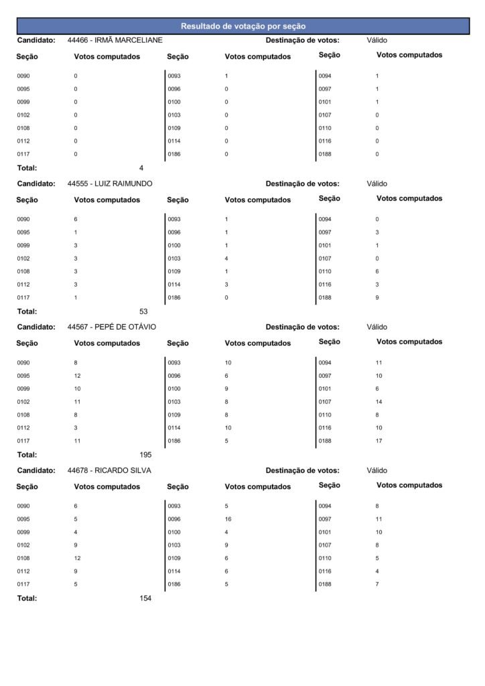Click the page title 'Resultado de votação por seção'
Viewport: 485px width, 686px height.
[242, 26]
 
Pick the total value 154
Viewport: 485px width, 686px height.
[145, 598]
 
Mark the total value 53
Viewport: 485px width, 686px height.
[143, 312]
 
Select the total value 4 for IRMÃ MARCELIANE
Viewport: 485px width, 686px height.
[141, 168]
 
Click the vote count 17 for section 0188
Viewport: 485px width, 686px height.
[378, 441]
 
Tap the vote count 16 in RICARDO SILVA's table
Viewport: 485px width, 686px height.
[228, 519]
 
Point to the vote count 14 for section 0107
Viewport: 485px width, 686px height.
[378, 402]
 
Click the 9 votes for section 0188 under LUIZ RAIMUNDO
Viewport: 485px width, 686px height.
[377, 298]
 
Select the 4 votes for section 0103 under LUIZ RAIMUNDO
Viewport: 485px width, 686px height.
[226, 259]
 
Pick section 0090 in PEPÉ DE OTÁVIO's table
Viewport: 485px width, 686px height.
[23, 363]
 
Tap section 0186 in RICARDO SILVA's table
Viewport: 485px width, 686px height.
[174, 585]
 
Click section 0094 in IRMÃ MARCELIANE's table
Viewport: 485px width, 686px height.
[324, 76]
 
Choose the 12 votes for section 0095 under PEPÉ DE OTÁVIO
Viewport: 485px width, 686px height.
[77, 376]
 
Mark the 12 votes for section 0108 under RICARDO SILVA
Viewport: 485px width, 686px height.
[77, 559]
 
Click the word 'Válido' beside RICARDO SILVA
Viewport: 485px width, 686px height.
[377, 470]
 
